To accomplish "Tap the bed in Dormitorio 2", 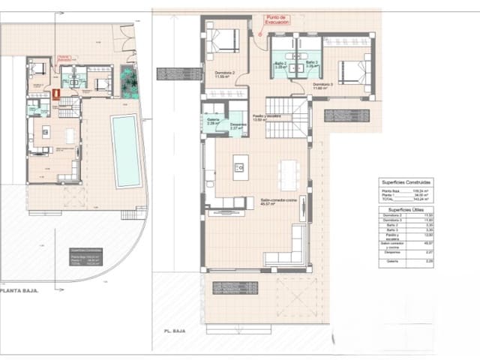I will (223, 40).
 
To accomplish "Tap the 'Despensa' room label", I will (238, 125).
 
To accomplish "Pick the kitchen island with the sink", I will (240, 166).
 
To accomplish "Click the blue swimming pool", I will (126, 151).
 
